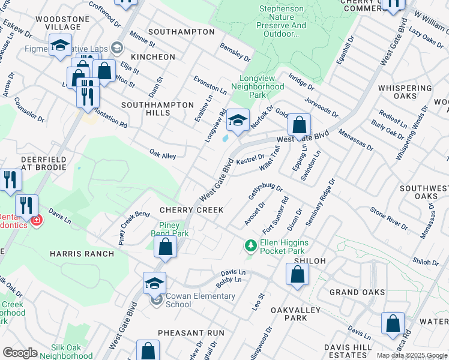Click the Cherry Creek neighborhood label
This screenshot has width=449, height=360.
[191, 210]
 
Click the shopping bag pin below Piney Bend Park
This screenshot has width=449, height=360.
[165, 246]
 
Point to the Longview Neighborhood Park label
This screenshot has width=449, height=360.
[261, 86]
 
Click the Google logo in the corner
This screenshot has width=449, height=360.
[20, 353]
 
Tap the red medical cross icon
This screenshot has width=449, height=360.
[37, 221]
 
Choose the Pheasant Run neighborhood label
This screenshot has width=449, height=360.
[191, 332]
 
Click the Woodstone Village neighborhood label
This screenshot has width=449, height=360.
[58, 23]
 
